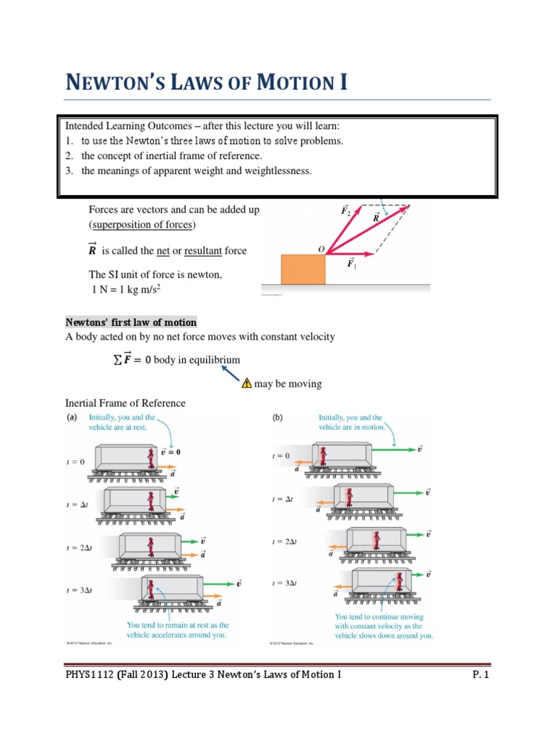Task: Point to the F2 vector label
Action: (346, 210)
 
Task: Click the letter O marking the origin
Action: (321, 249)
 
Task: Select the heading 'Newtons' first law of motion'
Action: (131, 322)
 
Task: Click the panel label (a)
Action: (72, 418)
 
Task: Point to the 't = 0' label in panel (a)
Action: (77, 462)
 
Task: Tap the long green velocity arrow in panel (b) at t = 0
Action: (394, 449)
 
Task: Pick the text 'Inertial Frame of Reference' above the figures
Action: (125, 403)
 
